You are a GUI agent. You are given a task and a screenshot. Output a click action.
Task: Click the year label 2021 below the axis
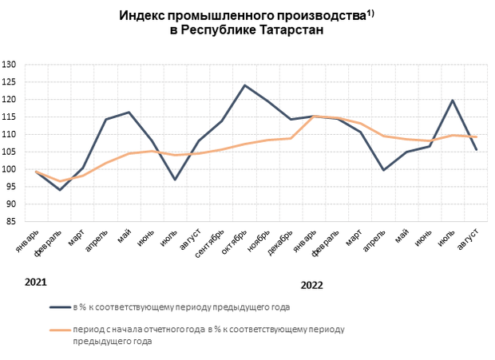point(35,283)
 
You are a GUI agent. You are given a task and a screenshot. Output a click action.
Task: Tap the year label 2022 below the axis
point(312,285)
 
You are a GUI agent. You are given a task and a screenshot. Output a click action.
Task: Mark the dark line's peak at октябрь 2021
point(244,85)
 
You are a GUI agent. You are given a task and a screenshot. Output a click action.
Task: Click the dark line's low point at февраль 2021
point(59,190)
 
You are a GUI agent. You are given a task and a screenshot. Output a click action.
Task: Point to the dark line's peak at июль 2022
point(453,100)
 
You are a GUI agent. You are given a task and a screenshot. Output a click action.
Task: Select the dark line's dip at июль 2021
point(175,180)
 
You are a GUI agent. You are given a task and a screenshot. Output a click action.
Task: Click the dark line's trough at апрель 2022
point(383,170)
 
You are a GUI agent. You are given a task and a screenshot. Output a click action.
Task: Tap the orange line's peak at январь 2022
point(314,117)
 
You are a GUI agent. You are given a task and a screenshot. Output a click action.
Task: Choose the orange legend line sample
point(60,329)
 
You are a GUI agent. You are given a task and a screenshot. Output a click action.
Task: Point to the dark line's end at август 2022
point(476,149)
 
